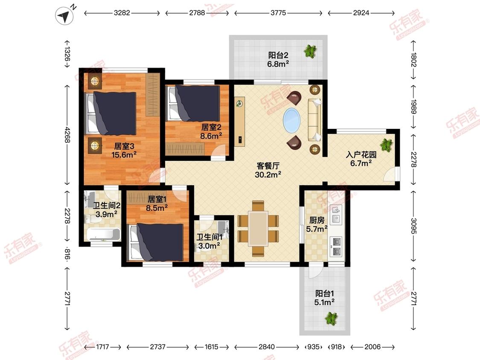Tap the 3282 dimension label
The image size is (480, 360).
pos(122,13)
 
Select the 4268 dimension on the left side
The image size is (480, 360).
pos(67,135)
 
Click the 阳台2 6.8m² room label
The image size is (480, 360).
pos(278,59)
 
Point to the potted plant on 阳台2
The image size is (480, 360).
pos(310,51)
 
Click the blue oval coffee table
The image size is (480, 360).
pos(291,120)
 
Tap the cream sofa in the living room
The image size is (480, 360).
pos(315,120)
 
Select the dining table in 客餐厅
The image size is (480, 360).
pos(258,228)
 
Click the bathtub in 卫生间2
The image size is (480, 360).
pos(103,235)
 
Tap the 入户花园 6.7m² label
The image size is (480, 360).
pos(361,159)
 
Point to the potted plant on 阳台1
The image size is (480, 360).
pos(331,318)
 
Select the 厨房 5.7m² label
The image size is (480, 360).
pos(317,224)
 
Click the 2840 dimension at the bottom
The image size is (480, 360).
pos(267,347)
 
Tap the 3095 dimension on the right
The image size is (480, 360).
pos(413,226)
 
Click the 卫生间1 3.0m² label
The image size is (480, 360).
pos(209,241)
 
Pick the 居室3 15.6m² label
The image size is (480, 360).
pos(124,150)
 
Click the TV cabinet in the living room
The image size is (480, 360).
pos(240,122)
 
